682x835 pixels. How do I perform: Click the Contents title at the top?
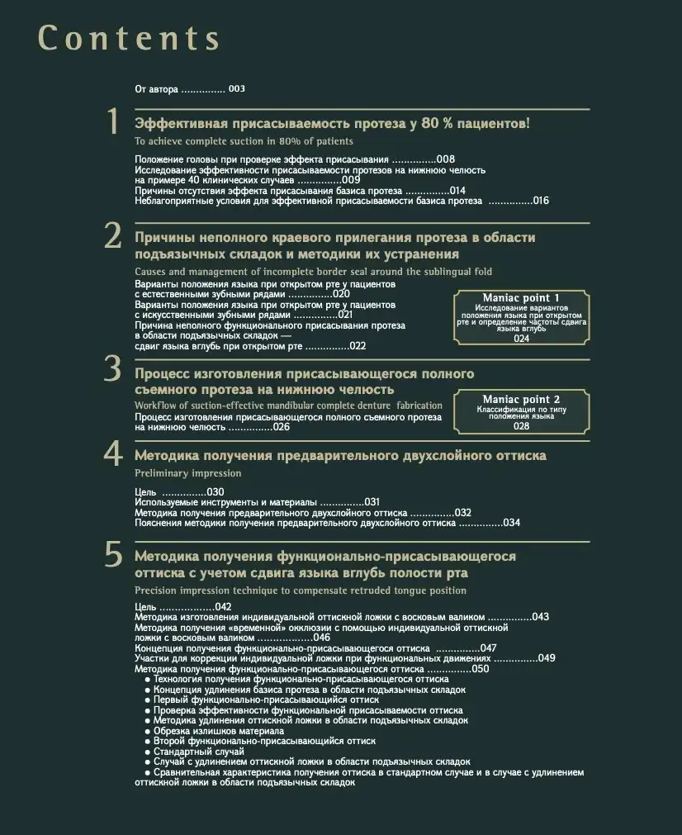(x=130, y=38)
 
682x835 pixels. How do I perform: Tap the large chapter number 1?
(x=114, y=122)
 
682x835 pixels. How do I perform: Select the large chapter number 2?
(x=113, y=236)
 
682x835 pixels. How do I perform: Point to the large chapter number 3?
(x=113, y=369)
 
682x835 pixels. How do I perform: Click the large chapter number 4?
(x=113, y=453)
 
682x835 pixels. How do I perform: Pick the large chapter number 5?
(x=113, y=554)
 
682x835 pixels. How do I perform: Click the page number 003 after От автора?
(x=237, y=89)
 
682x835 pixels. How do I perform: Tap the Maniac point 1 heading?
(x=521, y=297)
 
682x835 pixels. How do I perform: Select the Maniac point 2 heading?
(x=521, y=400)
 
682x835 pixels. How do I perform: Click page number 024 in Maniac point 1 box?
(x=522, y=339)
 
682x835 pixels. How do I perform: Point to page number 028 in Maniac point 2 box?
(x=521, y=426)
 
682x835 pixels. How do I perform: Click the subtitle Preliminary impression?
(x=187, y=474)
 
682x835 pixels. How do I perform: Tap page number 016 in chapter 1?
(x=541, y=201)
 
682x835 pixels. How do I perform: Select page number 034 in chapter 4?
(x=512, y=523)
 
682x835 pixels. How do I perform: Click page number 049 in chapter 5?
(x=547, y=658)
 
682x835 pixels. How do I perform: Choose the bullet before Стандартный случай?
(x=147, y=752)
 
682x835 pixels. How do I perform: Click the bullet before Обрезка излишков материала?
(x=147, y=731)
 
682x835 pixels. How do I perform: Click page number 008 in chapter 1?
(x=446, y=159)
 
